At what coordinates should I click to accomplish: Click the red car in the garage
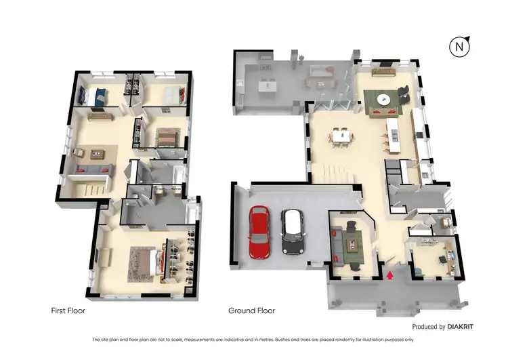[x=258, y=232]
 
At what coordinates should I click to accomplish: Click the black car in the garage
[x=292, y=232]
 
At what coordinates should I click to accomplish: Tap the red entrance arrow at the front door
[x=389, y=275]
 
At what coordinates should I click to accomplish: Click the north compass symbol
[x=460, y=47]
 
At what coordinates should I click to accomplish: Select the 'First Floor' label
[x=68, y=311]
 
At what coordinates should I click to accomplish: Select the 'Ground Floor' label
[x=251, y=311]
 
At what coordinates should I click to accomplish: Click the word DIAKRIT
[x=461, y=327]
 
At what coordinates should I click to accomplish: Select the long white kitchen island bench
[x=392, y=133]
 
